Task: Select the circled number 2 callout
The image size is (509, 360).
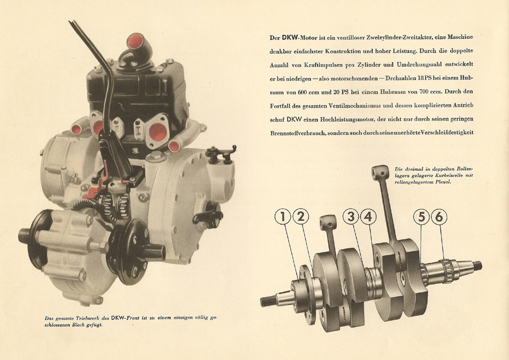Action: pos(301,217)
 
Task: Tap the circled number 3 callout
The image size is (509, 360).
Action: pos(351,217)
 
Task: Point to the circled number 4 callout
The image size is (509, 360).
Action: pos(368,217)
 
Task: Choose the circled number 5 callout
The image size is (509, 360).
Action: pos(421,217)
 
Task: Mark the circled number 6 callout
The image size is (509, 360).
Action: pos(439,217)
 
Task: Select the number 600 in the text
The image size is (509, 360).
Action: pos(302,92)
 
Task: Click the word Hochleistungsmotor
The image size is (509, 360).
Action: pos(344,119)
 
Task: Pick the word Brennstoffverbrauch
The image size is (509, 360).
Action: pos(297,133)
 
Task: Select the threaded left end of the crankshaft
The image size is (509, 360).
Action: pos(269,301)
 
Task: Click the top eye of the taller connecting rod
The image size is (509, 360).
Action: pos(380,170)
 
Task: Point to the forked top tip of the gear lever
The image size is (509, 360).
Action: pos(71,23)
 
